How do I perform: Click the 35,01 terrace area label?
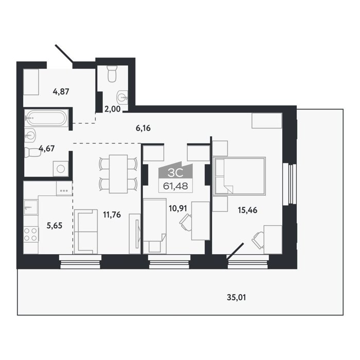(236, 297)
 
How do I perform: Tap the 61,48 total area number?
(175, 186)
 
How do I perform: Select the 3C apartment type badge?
(175, 173)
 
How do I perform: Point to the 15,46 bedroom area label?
(247, 210)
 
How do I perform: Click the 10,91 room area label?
(178, 208)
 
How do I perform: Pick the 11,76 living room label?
(112, 214)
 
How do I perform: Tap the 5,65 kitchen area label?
(55, 225)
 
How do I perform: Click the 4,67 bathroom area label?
(47, 148)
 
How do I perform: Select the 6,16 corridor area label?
(143, 128)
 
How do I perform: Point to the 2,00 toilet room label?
(112, 109)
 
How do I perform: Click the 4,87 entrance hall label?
(61, 92)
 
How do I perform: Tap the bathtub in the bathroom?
(47, 118)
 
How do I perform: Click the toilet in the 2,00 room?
(112, 74)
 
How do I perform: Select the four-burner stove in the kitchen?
(31, 235)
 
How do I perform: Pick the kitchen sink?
(30, 207)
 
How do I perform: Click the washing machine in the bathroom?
(61, 169)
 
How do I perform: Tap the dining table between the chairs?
(118, 174)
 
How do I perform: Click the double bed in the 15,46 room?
(239, 176)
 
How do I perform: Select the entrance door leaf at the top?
(64, 53)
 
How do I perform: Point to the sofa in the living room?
(86, 231)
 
